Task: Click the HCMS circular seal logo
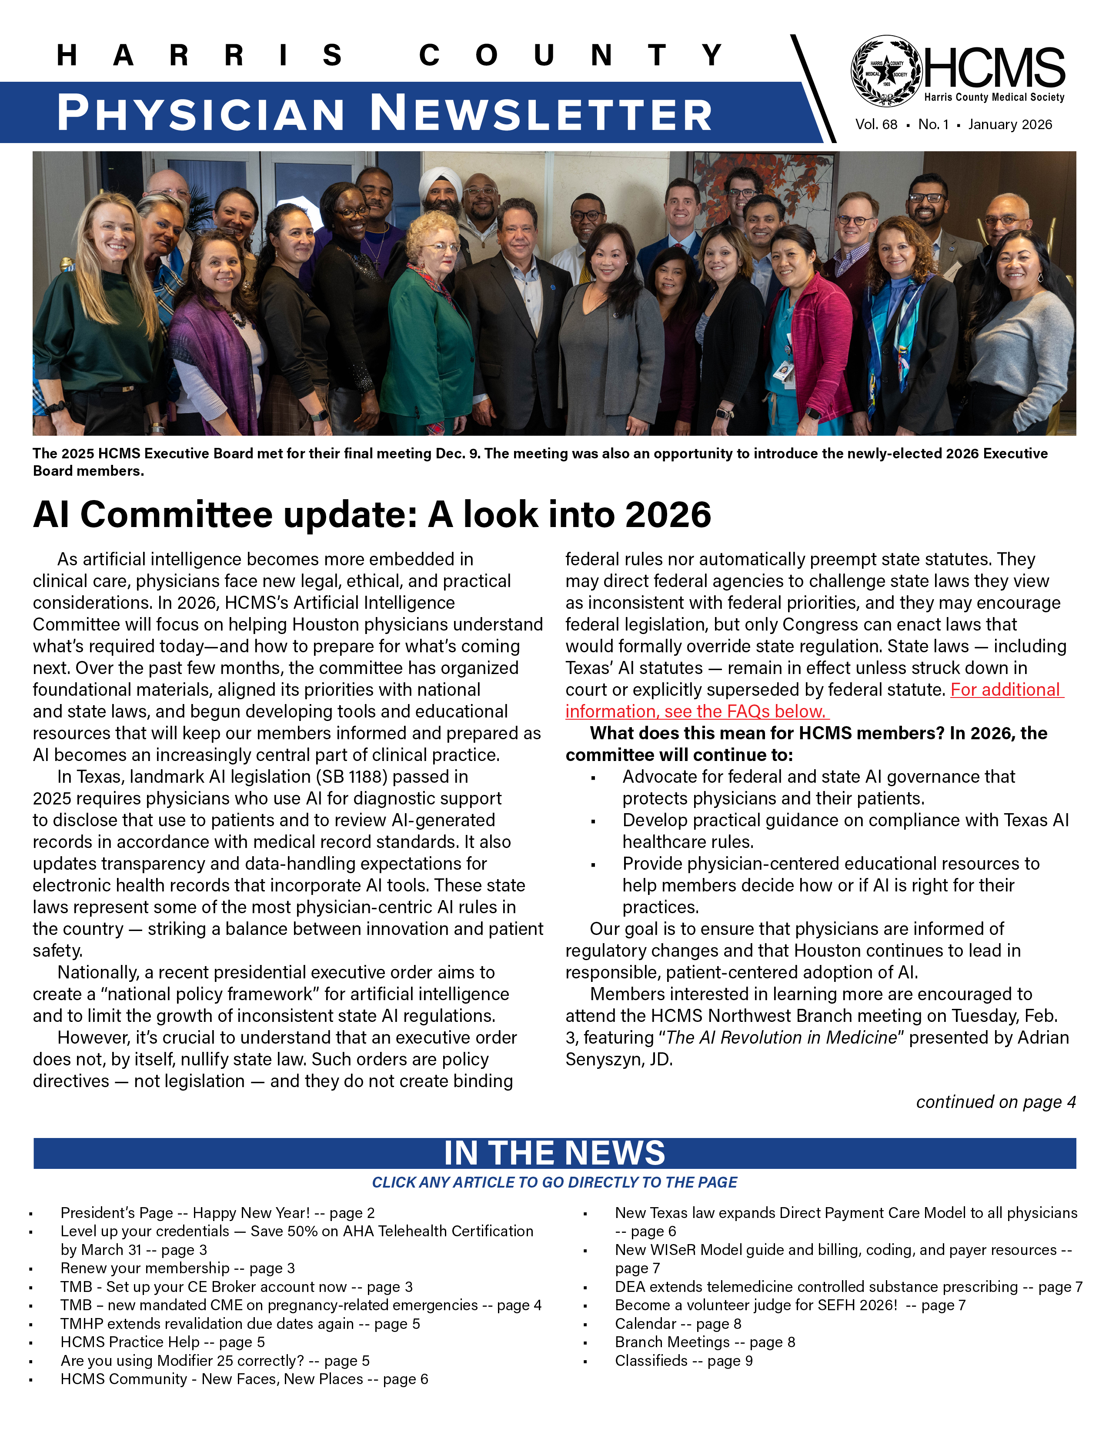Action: point(886,71)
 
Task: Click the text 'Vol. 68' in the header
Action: point(876,125)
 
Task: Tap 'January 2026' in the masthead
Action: point(1010,125)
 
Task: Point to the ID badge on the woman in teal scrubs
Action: point(784,373)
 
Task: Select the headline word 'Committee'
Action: point(176,514)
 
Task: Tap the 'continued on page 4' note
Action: point(995,1102)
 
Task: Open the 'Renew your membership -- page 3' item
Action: point(177,1268)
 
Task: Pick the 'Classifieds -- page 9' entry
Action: point(683,1360)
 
